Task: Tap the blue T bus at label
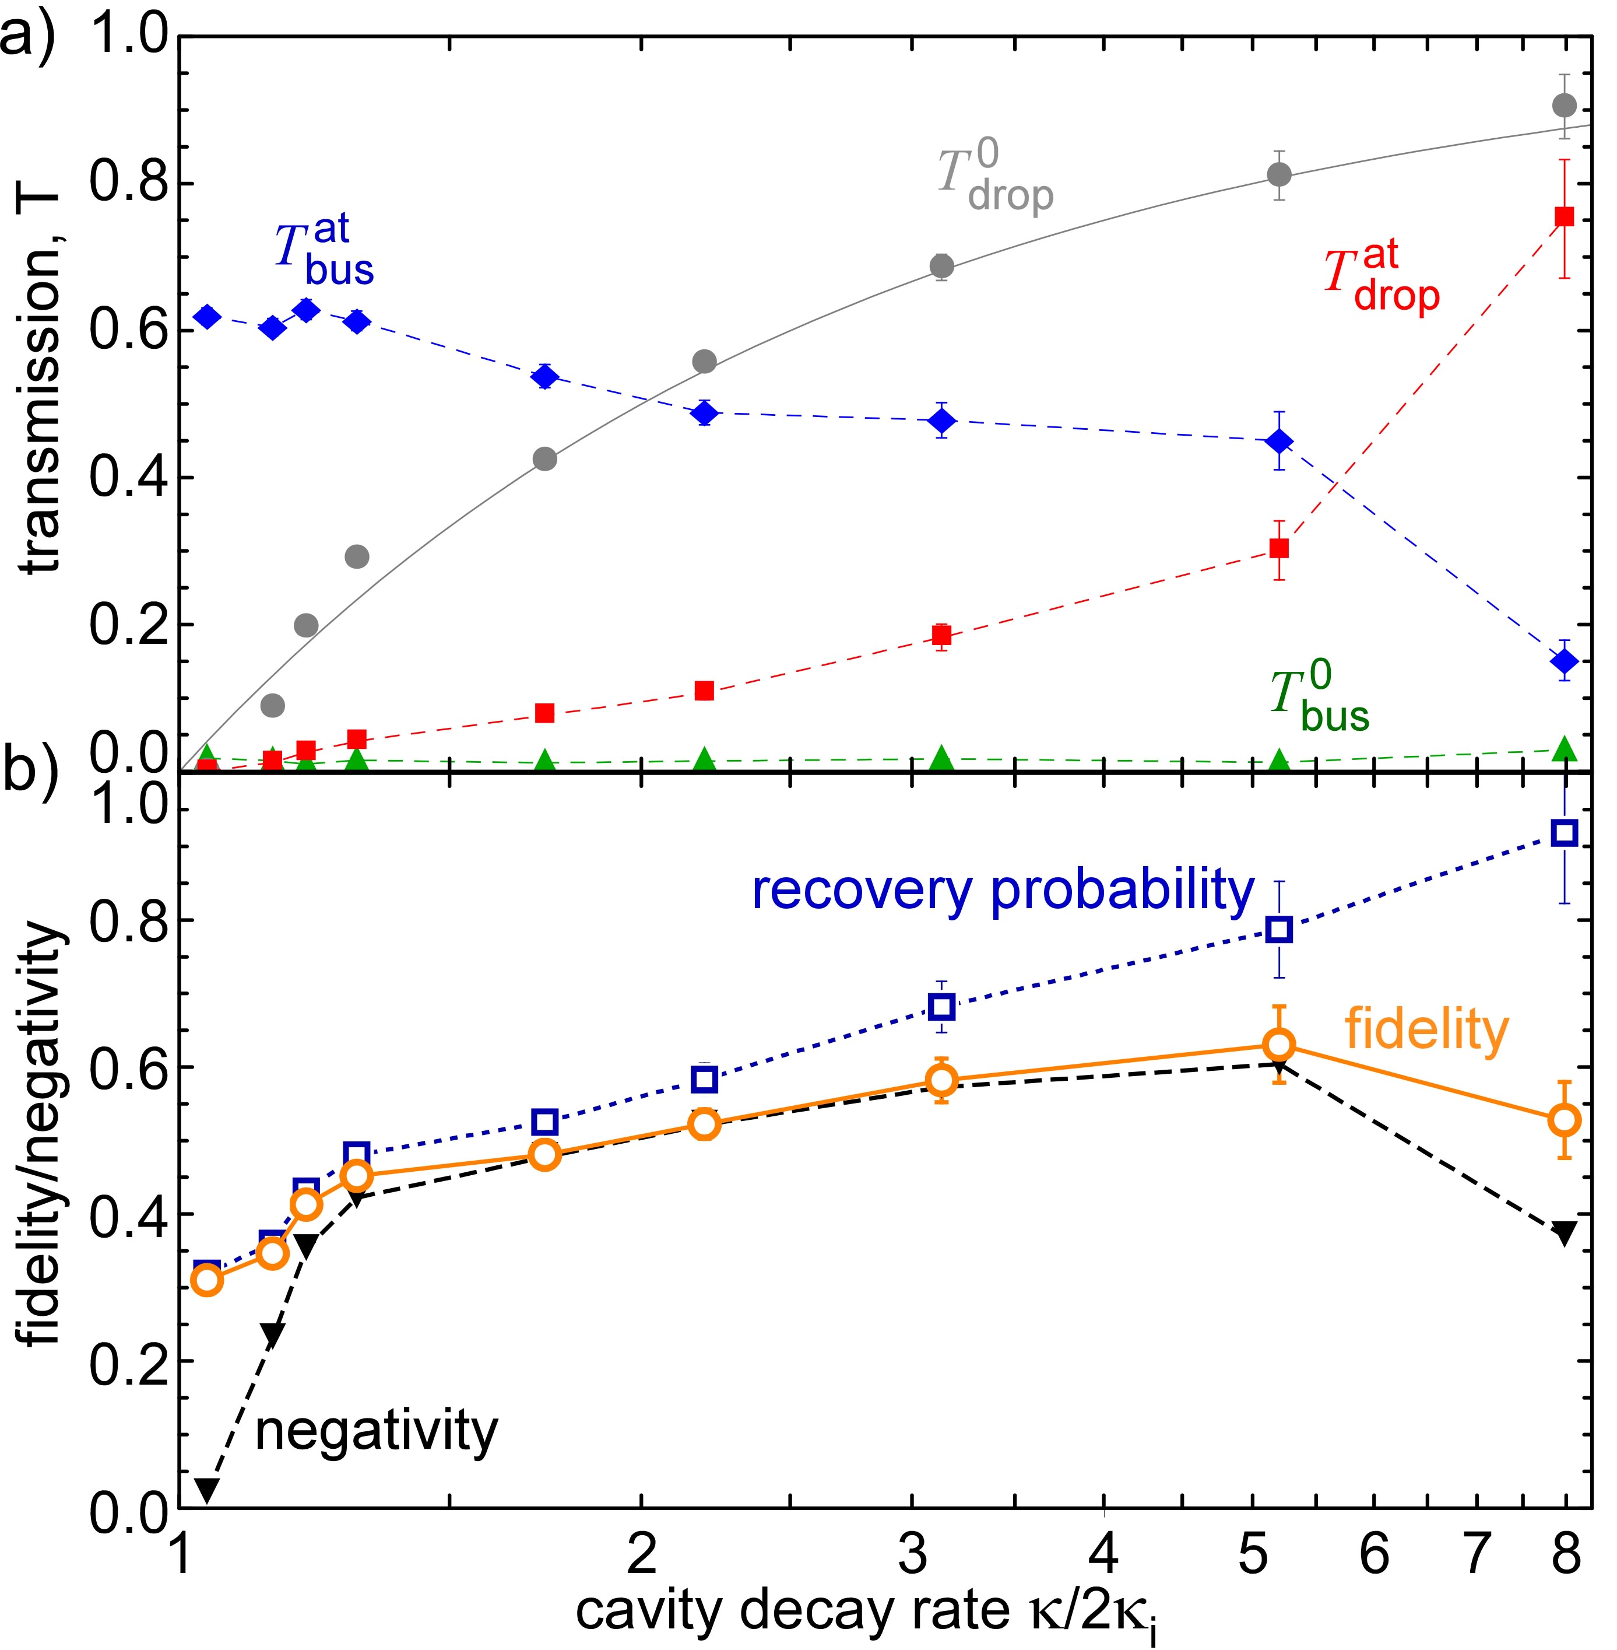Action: point(324,253)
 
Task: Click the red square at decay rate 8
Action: point(1563,218)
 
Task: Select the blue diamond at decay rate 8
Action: point(1563,660)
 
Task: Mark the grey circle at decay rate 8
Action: point(1563,129)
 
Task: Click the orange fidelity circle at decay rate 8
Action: point(1563,1120)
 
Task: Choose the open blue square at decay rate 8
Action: point(1563,833)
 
